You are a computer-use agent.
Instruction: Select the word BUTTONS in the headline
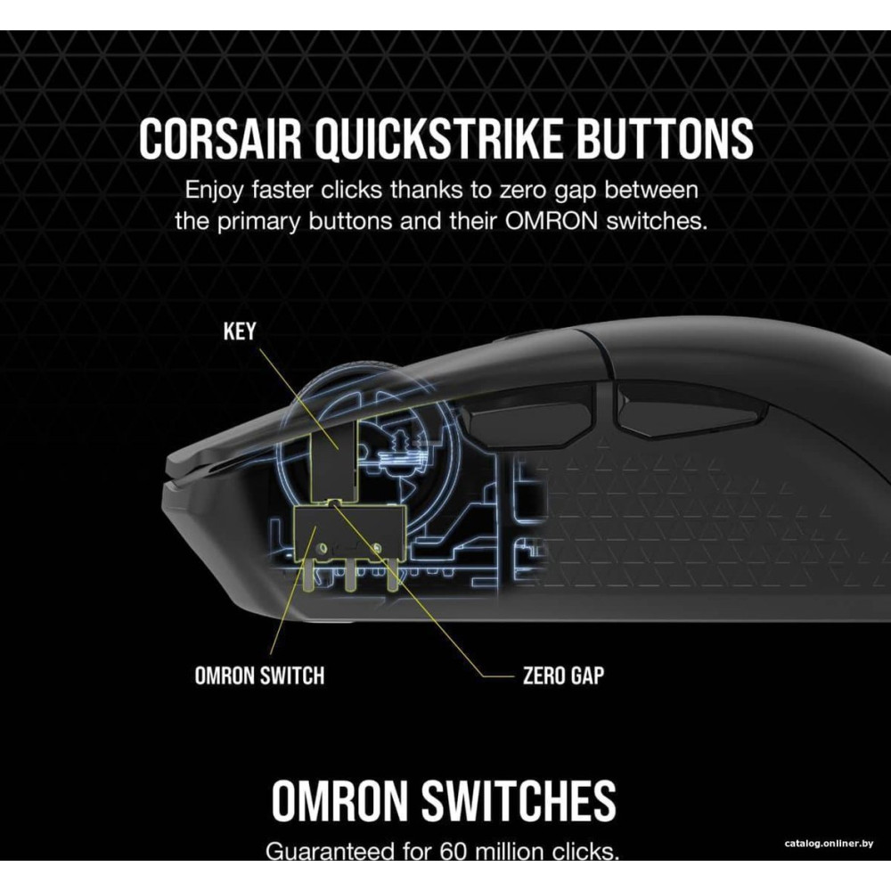tap(674, 140)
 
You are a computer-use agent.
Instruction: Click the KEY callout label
tap(240, 331)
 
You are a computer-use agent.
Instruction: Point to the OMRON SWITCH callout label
tap(259, 674)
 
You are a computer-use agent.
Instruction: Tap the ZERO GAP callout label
tap(562, 674)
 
